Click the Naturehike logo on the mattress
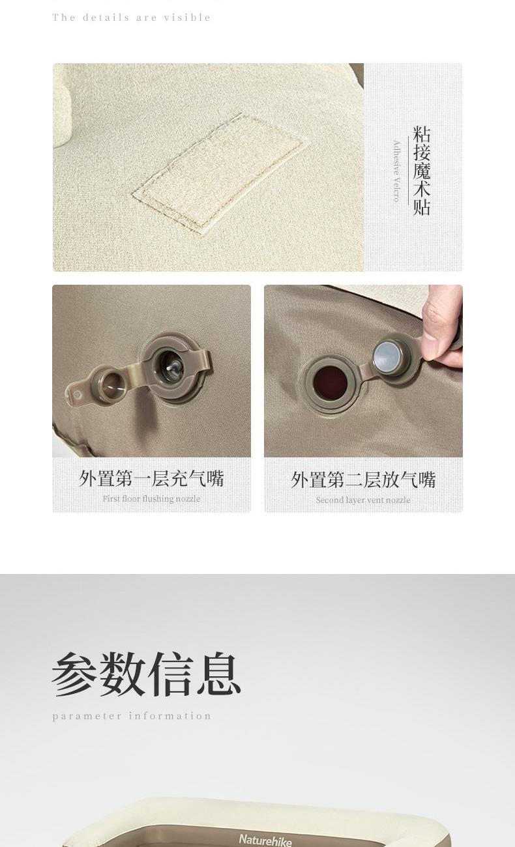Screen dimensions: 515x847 (265, 839)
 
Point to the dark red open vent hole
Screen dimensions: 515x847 (331, 382)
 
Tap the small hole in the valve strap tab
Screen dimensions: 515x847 (77, 395)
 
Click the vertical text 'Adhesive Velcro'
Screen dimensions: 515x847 (396, 171)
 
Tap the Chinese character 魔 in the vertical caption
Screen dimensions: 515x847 (421, 170)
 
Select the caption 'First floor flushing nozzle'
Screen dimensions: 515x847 (151, 498)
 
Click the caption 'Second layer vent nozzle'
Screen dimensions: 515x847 (363, 500)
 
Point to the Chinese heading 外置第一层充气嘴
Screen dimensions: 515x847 (152, 479)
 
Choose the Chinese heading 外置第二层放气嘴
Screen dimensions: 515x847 (363, 480)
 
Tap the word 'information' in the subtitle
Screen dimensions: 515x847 (170, 715)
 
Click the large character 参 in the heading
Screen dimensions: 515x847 (74, 674)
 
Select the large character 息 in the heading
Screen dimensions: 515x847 (219, 674)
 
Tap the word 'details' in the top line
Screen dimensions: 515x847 (106, 18)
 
